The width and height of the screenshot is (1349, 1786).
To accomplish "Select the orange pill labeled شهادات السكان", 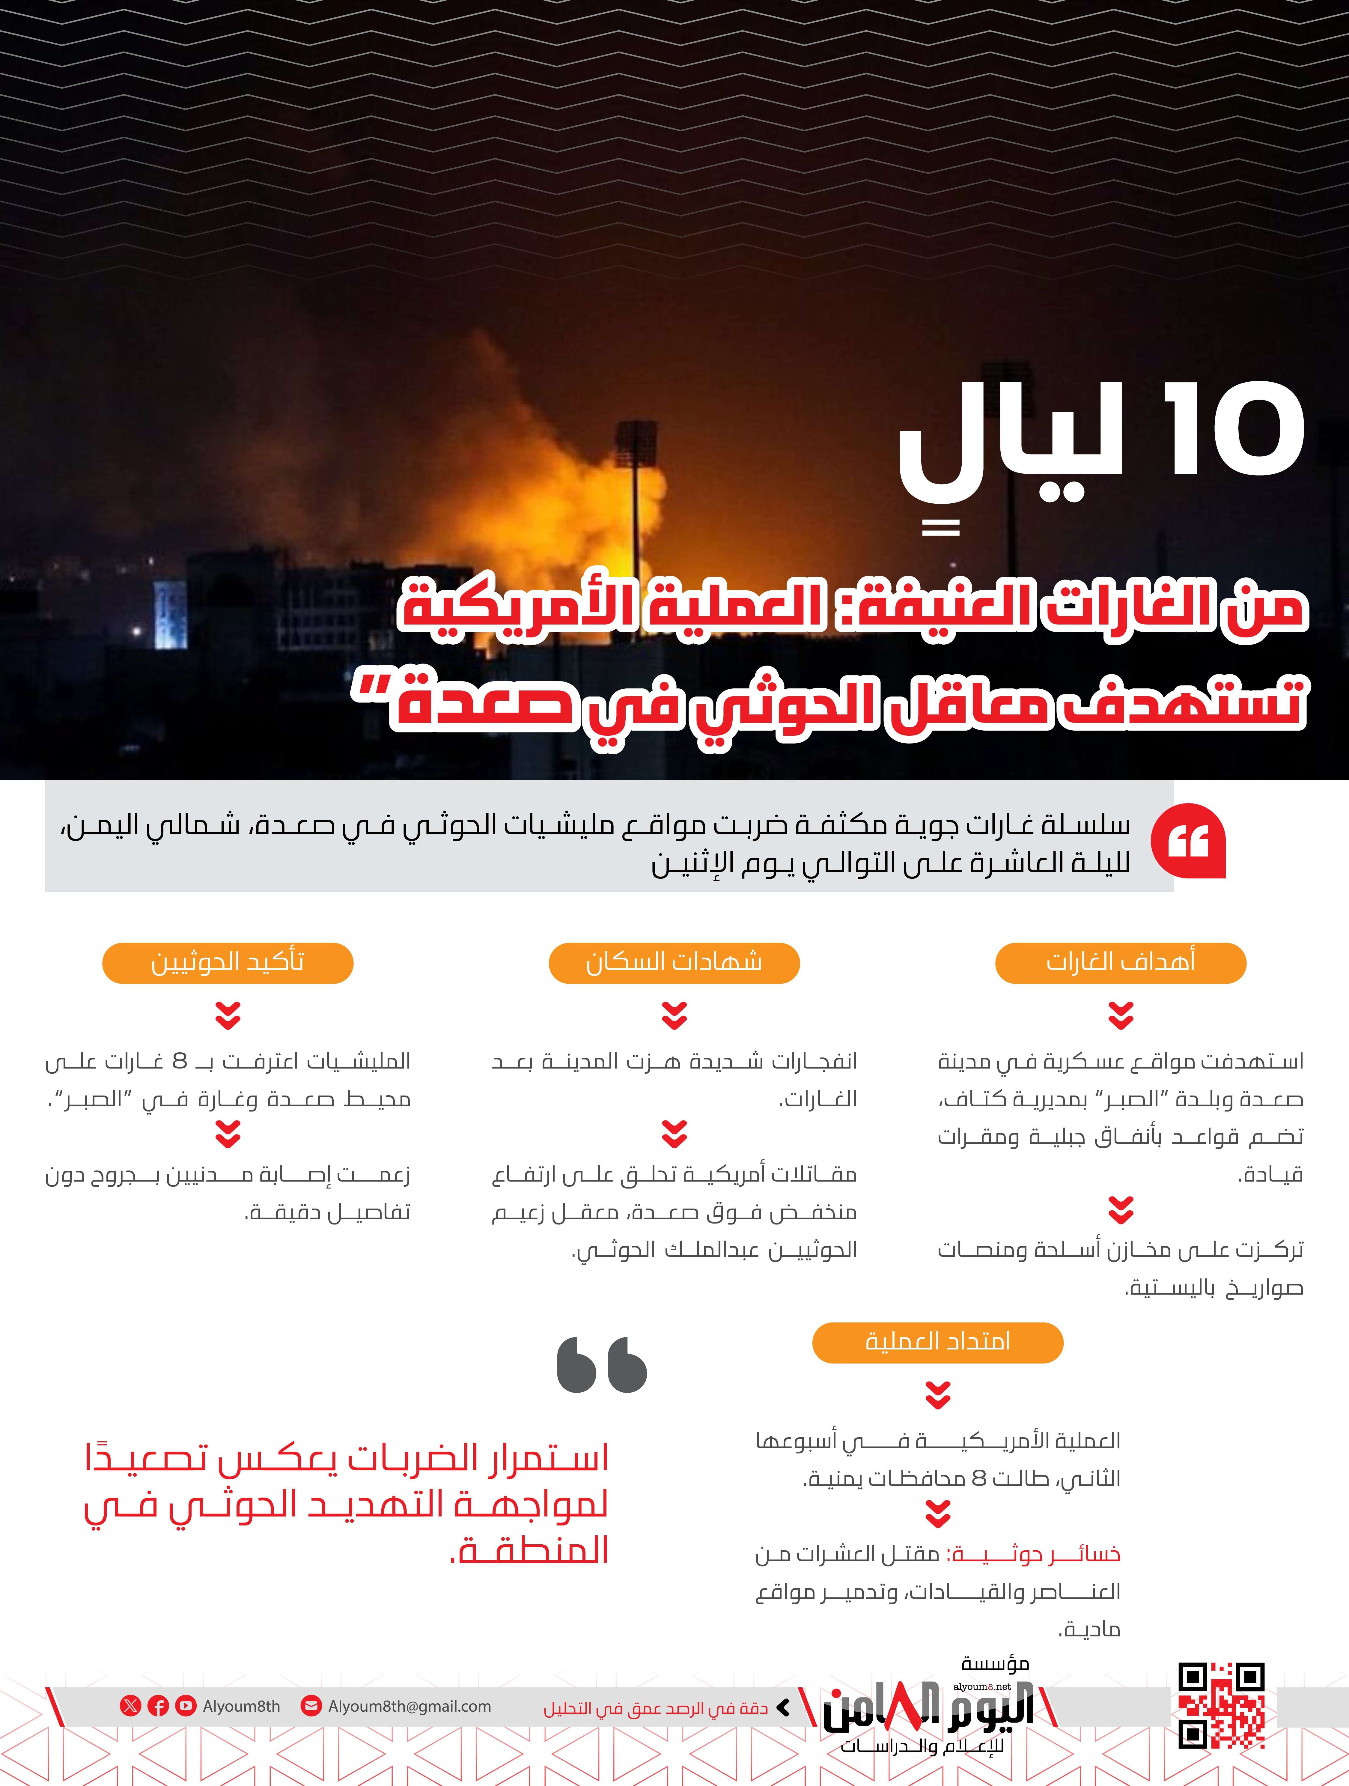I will [674, 962].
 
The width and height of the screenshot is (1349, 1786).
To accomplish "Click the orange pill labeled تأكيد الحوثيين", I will [228, 962].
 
